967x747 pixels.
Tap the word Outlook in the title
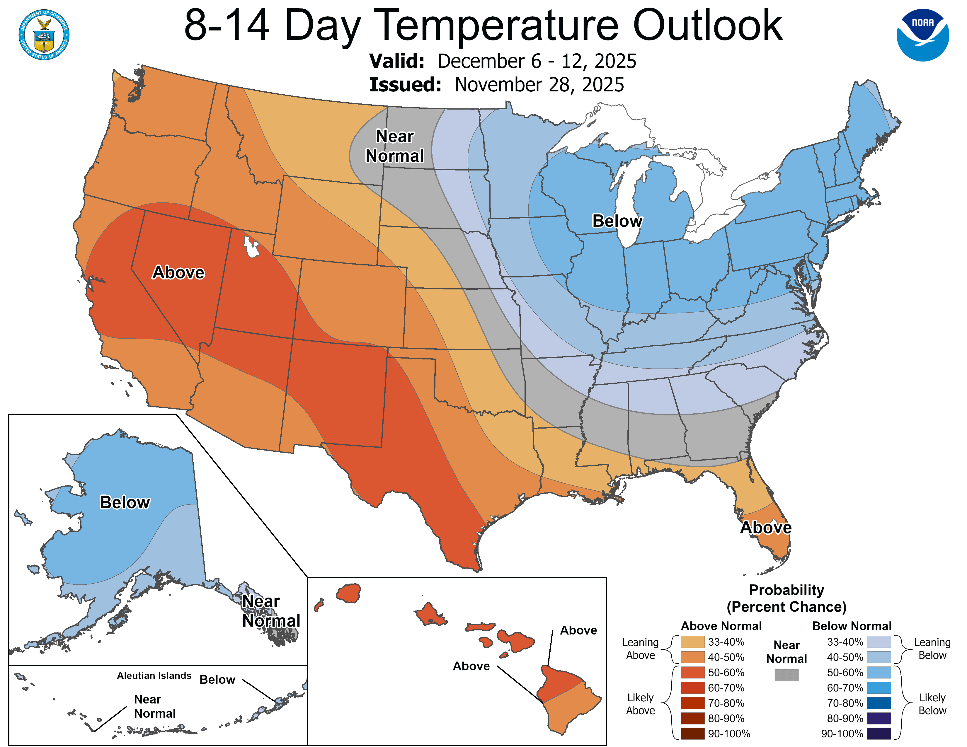pos(708,26)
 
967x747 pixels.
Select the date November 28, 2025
pos(539,85)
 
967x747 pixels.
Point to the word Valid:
pos(397,61)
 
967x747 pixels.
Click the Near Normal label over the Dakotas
pos(394,146)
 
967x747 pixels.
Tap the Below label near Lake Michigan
pos(617,221)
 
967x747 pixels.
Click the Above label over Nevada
pos(178,272)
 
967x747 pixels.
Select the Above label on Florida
pos(765,528)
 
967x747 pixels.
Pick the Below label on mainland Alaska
pos(125,502)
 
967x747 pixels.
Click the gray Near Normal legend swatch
pos(786,675)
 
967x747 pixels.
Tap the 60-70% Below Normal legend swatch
pos(879,688)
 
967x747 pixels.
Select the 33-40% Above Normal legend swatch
pos(692,642)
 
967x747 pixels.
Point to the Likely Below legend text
pos(932,704)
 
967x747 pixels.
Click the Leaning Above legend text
pos(640,649)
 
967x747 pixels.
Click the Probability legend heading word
pos(786,590)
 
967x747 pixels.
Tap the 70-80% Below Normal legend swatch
pos(879,703)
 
